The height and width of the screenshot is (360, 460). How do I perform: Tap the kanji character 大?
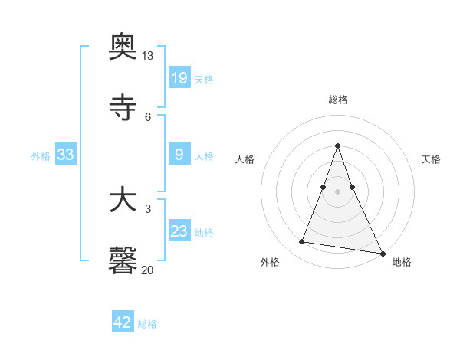point(123,201)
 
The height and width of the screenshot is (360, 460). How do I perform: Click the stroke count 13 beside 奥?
point(148,56)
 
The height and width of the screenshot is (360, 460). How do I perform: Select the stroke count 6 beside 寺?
point(148,116)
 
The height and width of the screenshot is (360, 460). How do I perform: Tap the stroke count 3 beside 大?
point(148,208)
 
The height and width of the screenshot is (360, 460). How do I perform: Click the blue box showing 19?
point(179,77)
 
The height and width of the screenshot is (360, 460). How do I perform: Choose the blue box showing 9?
point(179,155)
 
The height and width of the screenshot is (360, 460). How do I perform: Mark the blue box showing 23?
point(179,231)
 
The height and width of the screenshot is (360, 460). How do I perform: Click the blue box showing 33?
point(66,155)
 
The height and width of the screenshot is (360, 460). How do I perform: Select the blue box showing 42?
point(123,322)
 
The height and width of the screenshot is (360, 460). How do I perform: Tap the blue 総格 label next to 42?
point(147,324)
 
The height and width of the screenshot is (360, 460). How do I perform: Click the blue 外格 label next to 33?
point(41,156)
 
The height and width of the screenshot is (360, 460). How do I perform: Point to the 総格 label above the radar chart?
point(338,100)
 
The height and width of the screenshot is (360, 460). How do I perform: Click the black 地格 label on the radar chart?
point(402,263)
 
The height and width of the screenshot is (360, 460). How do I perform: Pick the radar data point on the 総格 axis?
point(338,146)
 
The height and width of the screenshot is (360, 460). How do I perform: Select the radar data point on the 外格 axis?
point(302,242)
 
